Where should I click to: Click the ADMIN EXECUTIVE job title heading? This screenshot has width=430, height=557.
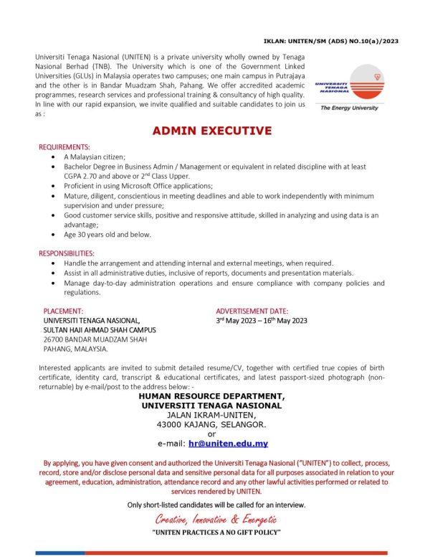tap(211, 131)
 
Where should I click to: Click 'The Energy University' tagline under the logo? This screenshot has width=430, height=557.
tap(350, 108)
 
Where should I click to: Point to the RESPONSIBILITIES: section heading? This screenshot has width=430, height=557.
tap(71, 253)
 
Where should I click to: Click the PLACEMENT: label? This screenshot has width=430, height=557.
tap(64, 312)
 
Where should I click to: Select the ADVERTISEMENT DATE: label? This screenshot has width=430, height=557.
tap(252, 312)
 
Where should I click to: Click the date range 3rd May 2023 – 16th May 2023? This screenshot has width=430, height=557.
tap(262, 321)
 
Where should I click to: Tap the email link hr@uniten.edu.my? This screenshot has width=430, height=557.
tap(228, 444)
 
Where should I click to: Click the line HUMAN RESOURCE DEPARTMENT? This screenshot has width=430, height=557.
tap(211, 396)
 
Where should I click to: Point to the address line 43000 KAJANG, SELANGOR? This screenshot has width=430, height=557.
tap(211, 424)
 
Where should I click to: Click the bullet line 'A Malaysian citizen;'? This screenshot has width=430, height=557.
tap(94, 156)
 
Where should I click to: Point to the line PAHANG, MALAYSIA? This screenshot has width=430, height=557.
tap(76, 349)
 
